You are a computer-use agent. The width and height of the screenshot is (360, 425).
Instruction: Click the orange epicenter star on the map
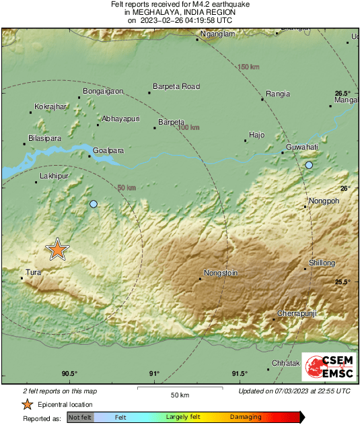(57, 250)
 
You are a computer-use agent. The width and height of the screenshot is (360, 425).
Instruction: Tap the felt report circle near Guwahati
(309, 165)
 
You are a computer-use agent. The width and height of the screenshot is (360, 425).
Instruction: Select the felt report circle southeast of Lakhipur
(94, 204)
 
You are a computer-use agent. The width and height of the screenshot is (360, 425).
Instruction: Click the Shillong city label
(322, 263)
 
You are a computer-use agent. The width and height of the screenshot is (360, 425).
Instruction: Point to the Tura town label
(33, 273)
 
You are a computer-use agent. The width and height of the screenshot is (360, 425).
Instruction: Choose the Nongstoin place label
(221, 273)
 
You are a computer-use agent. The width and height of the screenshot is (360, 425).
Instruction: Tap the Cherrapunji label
(298, 314)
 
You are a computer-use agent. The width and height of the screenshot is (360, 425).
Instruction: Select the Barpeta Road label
(177, 86)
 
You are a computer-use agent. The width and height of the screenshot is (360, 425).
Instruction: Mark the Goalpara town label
(108, 151)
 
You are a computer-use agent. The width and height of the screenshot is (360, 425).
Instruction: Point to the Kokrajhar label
(50, 106)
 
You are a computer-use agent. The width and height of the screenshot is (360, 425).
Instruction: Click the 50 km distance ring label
(127, 188)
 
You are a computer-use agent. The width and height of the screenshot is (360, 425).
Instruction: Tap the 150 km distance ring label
(249, 66)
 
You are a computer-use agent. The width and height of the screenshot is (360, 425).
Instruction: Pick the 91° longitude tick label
(154, 374)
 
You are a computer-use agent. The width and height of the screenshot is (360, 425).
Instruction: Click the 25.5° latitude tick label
(343, 282)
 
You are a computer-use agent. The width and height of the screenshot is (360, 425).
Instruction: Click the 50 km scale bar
(179, 388)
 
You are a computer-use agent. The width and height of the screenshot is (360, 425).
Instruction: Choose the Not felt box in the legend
(80, 418)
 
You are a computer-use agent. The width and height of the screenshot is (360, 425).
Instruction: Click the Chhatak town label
(285, 363)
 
